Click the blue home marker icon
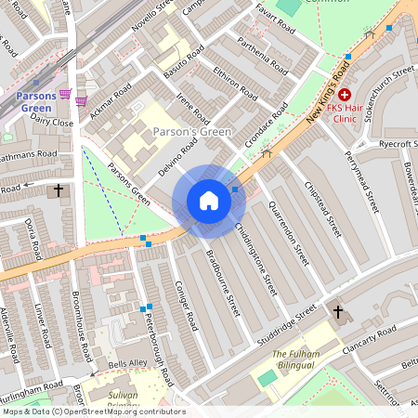[x=209, y=201]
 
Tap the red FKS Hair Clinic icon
[x=345, y=95]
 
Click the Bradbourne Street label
[x=223, y=282]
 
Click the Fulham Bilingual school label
[x=295, y=360]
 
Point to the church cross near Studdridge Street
[x=337, y=312]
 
